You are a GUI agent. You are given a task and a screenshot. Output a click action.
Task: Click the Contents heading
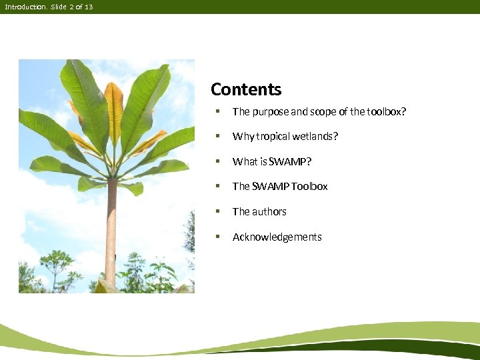tap(246, 89)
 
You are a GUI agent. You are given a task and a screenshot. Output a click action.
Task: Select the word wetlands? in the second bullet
tap(315, 137)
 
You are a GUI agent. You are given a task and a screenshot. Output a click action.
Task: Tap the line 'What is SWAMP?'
tap(271, 161)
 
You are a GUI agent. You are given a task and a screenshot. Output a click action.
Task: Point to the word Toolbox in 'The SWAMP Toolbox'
tap(309, 187)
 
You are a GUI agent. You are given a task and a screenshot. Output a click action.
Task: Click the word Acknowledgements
tap(277, 237)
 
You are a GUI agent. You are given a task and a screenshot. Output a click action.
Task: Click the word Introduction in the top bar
tap(25, 7)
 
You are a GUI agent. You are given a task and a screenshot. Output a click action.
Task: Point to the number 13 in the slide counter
tap(89, 7)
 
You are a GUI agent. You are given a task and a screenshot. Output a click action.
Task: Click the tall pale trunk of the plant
tap(111, 233)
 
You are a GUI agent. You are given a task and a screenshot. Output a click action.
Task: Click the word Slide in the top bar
tap(59, 7)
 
